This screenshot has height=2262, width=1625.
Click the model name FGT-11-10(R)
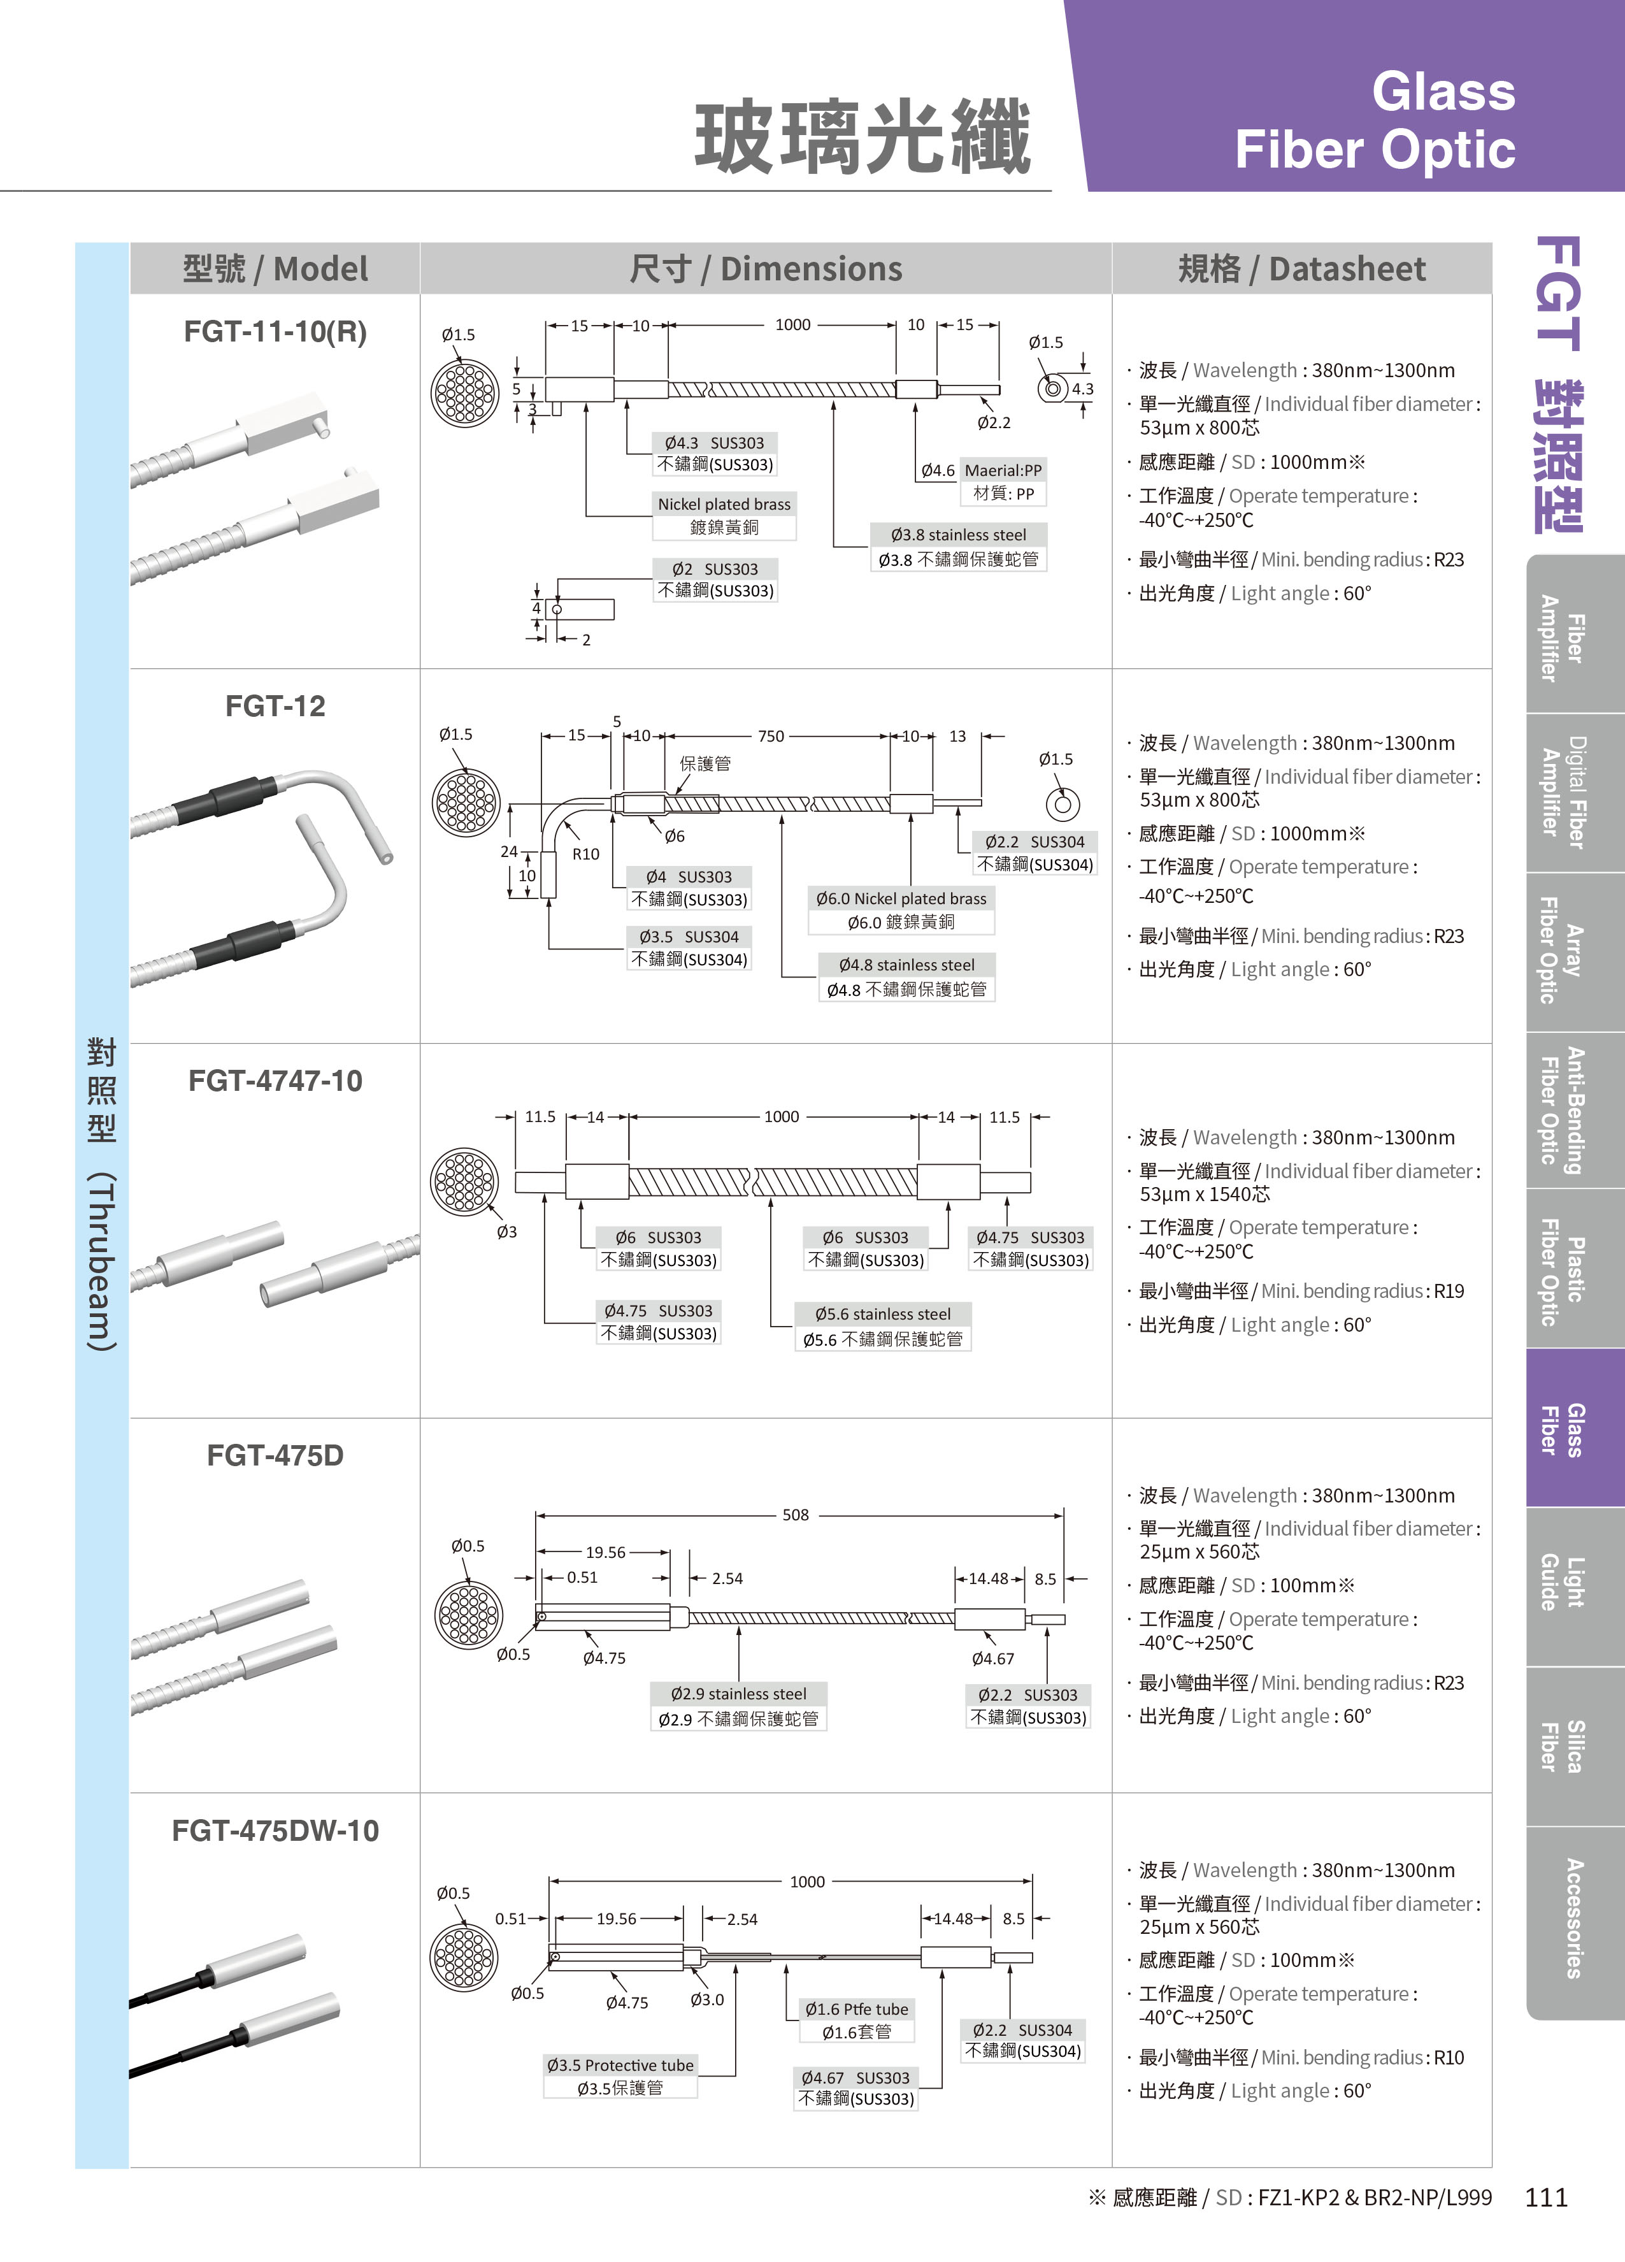coord(275,332)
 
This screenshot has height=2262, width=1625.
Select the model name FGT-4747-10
coord(275,1081)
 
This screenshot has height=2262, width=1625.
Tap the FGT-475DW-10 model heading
coord(275,1831)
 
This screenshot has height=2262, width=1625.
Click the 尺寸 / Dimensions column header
coord(766,270)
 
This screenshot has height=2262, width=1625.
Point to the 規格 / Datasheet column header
coord(1302,270)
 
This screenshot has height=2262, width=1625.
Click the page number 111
coord(1546,2197)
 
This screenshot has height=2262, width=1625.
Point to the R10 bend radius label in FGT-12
coord(586,854)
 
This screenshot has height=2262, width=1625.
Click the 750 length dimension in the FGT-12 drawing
coord(771,736)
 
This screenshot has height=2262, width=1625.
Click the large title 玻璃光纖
coord(863,138)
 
